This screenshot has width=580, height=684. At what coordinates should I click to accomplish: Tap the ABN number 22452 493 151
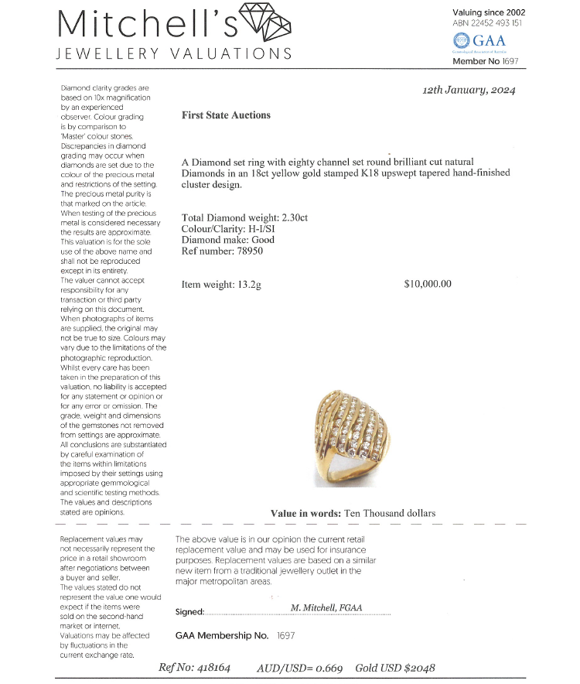pos(487,24)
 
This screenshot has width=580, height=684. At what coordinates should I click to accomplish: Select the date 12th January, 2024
pos(469,90)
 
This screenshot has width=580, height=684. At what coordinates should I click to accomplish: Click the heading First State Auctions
pos(226,115)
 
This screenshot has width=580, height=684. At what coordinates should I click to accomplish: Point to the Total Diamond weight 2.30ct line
pos(244,218)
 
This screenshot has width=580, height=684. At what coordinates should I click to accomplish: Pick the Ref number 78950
pos(222,251)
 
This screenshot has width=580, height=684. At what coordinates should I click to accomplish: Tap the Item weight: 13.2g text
pos(221,284)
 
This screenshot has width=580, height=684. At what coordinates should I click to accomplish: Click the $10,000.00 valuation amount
pos(428,284)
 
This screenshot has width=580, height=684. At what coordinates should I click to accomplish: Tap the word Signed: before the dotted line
pos(189,612)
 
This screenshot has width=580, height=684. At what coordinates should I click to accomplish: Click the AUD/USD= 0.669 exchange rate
pos(299,667)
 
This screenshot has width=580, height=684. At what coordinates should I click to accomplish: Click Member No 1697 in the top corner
pos(486,60)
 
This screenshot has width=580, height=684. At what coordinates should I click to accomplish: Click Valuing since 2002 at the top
pos(489,12)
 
